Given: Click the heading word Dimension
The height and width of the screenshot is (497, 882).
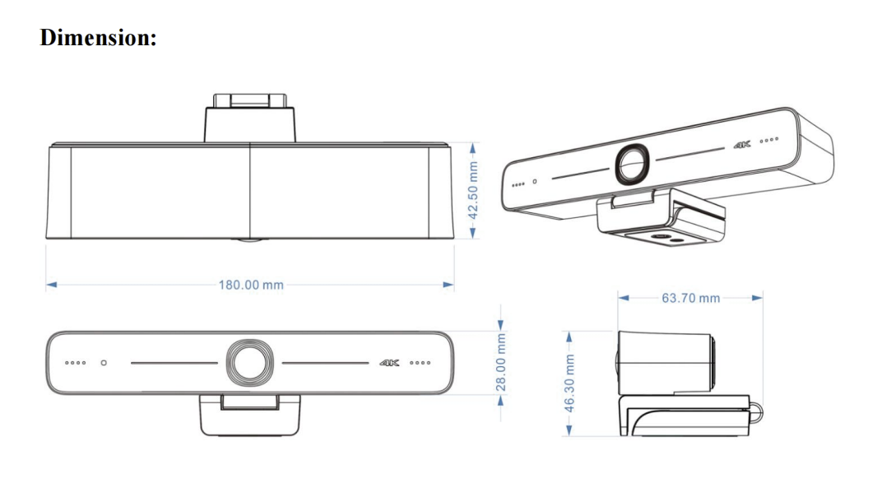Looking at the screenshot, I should pos(98,38).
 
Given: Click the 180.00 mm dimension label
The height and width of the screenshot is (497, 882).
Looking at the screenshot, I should pos(251,286).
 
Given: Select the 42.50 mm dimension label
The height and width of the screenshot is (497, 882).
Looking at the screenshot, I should pos(473,190).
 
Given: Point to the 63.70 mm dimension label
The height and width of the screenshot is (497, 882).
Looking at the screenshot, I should pos(690,298).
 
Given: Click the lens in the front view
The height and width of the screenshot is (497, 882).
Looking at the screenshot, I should pos(251,362).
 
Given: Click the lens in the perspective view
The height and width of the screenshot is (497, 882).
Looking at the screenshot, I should pos(634,162).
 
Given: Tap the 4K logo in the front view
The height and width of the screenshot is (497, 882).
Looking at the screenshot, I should pos(389,363).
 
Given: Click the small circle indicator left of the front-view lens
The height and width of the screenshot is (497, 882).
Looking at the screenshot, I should pos(104,363).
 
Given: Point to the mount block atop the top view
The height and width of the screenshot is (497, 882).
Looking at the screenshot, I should pos(250,118).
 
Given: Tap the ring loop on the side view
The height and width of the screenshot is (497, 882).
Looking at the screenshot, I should pos(756,408).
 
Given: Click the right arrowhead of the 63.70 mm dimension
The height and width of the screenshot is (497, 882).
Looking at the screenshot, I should pos(758,298).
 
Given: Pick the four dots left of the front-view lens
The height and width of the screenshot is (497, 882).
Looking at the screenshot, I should pos(74,363).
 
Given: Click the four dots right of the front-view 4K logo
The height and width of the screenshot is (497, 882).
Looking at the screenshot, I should pos(420,363).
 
